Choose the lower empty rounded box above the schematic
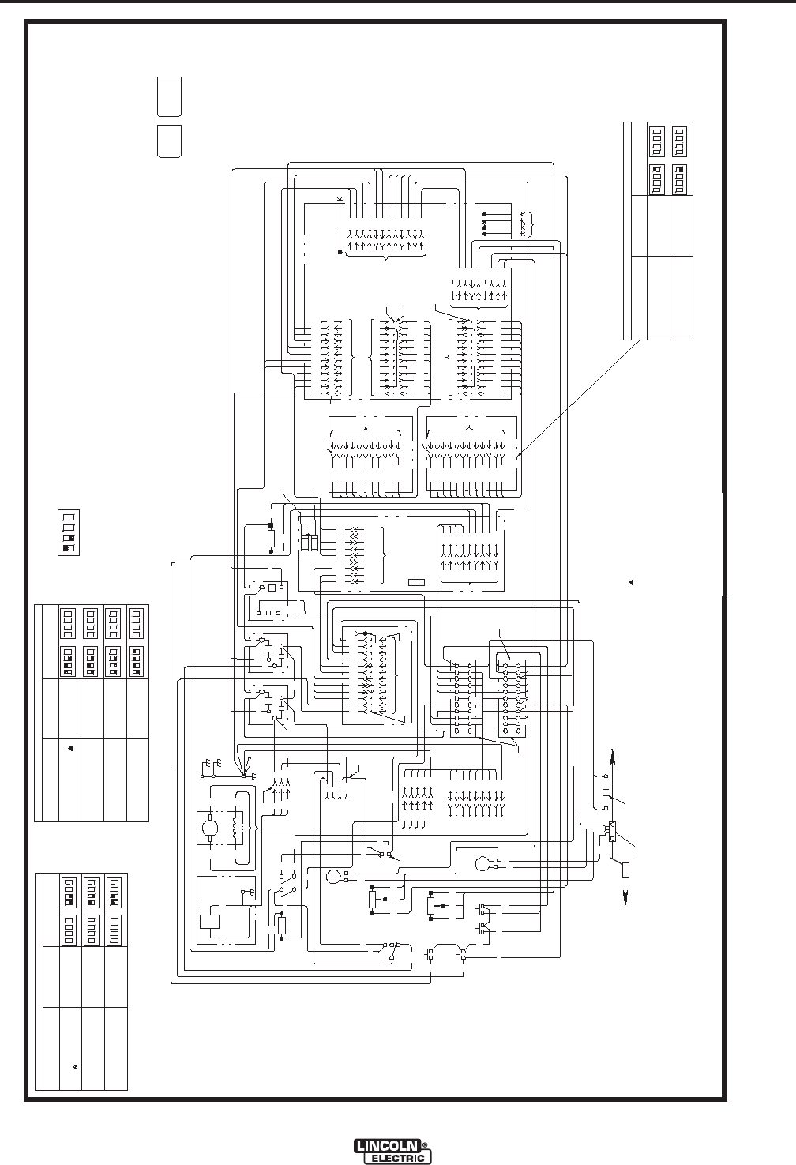click(169, 141)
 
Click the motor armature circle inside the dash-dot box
click(211, 829)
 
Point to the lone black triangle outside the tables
click(631, 582)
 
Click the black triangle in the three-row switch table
click(76, 1067)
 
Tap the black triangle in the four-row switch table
click(69, 748)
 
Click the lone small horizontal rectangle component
click(416, 582)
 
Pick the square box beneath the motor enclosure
click(211, 921)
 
